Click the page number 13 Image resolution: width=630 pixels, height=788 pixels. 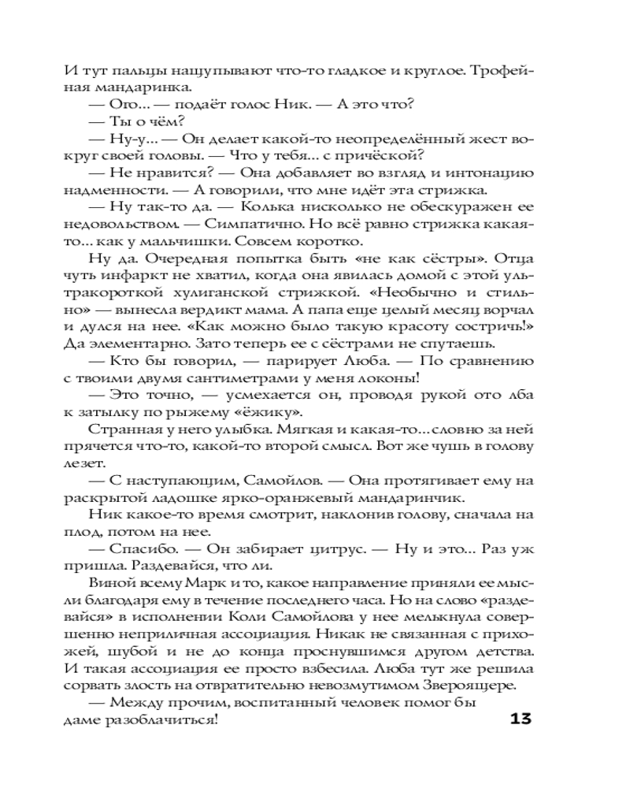pos(522,719)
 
